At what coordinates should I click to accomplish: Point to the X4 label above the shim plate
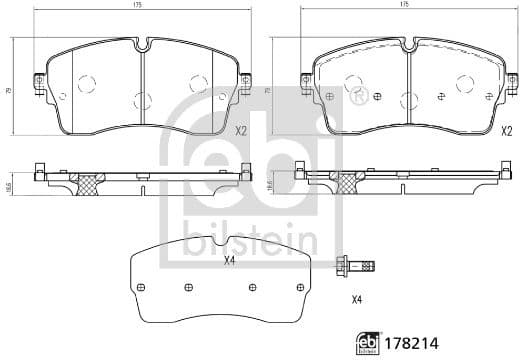(x=229, y=260)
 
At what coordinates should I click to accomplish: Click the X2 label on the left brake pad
(x=240, y=131)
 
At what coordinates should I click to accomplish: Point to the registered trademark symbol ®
(x=357, y=97)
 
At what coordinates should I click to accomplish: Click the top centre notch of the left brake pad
(x=142, y=44)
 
